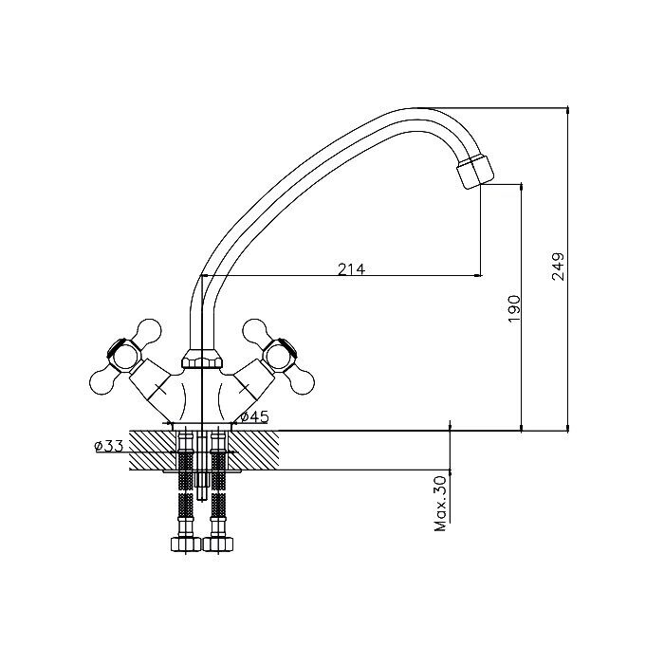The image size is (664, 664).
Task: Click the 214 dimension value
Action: (351, 268)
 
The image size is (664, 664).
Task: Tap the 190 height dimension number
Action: (513, 308)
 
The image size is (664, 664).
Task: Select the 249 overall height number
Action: (558, 267)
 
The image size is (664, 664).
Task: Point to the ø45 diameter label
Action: (254, 417)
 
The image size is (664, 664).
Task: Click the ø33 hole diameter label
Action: (108, 446)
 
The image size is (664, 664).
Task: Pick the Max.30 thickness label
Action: (441, 504)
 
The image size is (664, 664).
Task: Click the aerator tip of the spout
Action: (475, 171)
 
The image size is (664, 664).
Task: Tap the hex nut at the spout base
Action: (202, 359)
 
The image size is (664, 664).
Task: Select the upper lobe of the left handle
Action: (149, 330)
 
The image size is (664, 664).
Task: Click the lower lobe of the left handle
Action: (101, 383)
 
